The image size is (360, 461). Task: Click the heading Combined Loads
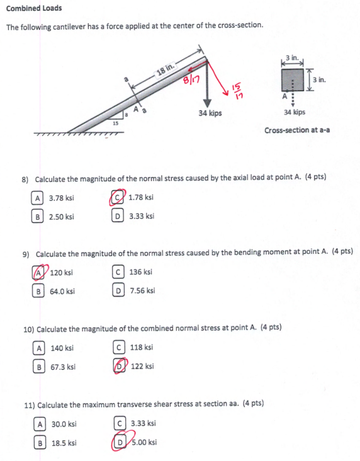pyautogui.click(x=35, y=9)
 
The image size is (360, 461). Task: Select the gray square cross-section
pyautogui.click(x=295, y=80)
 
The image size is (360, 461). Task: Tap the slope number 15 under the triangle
pyautogui.click(x=115, y=123)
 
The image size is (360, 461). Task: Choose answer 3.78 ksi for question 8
pyautogui.click(x=61, y=198)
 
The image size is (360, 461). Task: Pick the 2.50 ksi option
pyautogui.click(x=61, y=217)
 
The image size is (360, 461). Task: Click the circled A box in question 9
pyautogui.click(x=38, y=273)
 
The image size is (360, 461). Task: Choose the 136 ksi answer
pyautogui.click(x=140, y=272)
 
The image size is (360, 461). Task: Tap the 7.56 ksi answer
pyautogui.click(x=142, y=291)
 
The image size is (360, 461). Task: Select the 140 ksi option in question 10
pyautogui.click(x=62, y=347)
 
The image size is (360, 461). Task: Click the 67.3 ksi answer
pyautogui.click(x=62, y=367)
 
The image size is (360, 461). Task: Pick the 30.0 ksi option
pyautogui.click(x=63, y=424)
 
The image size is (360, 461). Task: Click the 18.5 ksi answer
pyautogui.click(x=63, y=443)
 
